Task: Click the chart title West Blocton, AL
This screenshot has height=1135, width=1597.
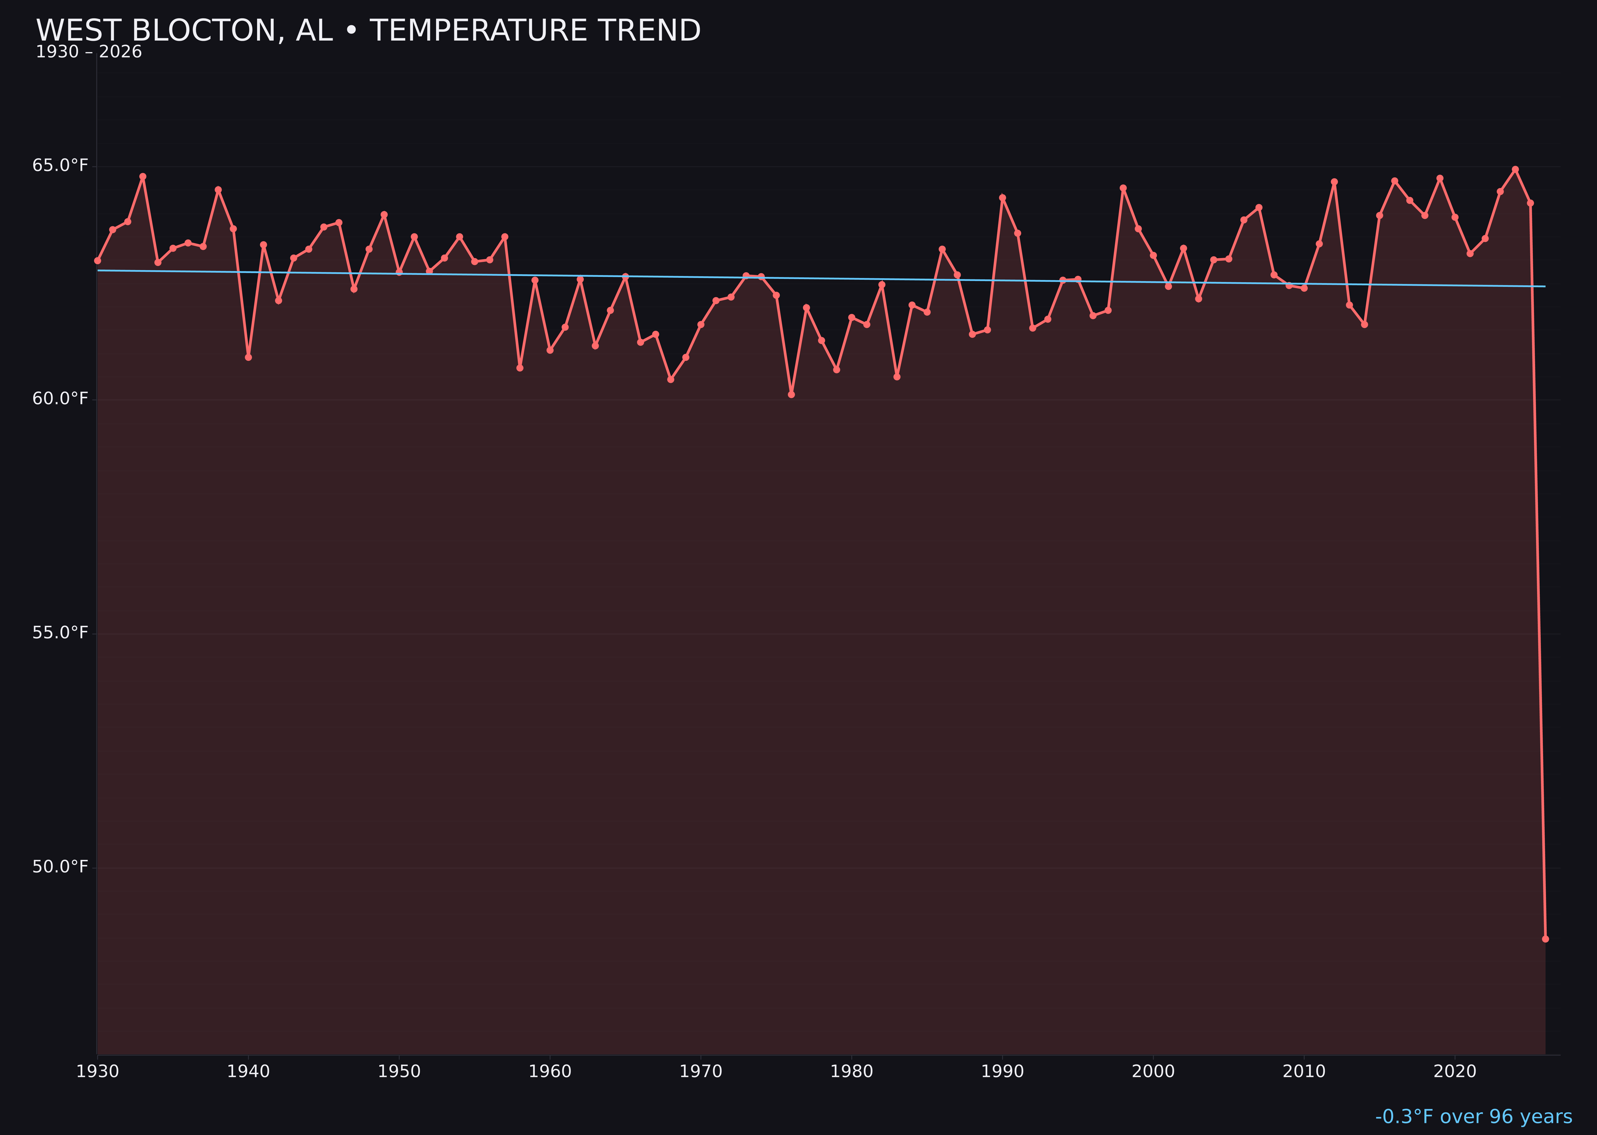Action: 368,31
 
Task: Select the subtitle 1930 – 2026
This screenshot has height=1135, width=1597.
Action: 89,52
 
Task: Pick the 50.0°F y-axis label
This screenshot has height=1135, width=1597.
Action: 60,867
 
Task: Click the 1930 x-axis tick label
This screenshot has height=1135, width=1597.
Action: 98,1072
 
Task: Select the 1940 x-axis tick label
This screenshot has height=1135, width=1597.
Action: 248,1072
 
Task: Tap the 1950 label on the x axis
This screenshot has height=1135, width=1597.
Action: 399,1072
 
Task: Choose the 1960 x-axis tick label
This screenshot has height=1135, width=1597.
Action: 550,1072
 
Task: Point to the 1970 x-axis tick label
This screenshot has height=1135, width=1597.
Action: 701,1072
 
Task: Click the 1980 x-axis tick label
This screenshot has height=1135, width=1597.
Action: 852,1072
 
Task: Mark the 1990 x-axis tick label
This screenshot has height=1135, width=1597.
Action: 1003,1072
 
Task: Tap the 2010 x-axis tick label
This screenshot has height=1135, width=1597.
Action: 1304,1072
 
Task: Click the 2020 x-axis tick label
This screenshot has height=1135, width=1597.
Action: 1455,1072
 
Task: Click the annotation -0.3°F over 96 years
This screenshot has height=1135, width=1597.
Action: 1473,1117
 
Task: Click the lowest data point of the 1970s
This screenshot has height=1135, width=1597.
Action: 791,395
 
